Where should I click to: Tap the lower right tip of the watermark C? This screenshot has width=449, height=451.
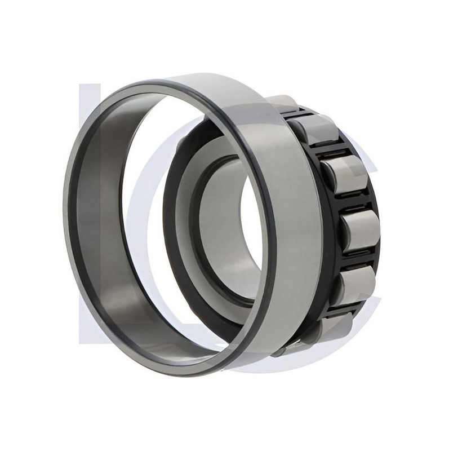369,316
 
